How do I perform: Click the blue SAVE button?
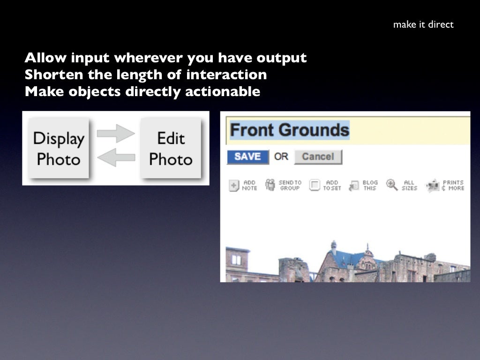(x=247, y=157)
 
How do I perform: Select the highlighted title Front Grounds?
(x=290, y=130)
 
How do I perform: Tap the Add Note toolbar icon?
(x=234, y=186)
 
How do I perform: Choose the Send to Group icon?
(x=270, y=185)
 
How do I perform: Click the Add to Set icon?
(x=315, y=185)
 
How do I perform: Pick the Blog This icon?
(x=354, y=186)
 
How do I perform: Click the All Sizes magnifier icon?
(x=392, y=185)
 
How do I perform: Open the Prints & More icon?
(x=433, y=186)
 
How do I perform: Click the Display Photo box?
(x=59, y=149)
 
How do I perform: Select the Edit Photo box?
(x=171, y=149)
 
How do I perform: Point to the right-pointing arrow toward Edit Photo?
(x=115, y=134)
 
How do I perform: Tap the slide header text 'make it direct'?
(x=423, y=24)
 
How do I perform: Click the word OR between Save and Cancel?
(x=281, y=157)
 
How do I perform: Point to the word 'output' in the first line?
(x=282, y=58)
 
